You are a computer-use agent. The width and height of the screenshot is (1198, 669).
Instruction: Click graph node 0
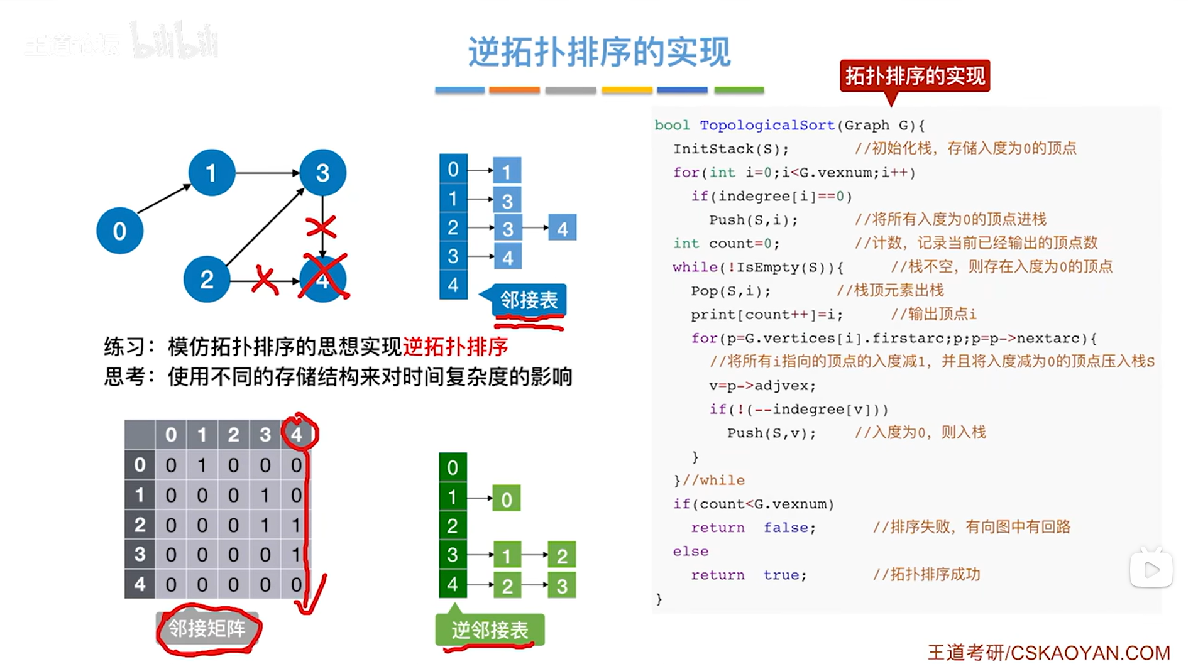pos(119,231)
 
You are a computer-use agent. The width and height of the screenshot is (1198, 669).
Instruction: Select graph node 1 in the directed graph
pos(211,173)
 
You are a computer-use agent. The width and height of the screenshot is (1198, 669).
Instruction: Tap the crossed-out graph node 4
pos(323,280)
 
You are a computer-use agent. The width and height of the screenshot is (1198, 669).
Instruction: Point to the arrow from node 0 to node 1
pos(163,199)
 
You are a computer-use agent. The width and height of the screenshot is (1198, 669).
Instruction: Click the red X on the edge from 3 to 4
pos(321,227)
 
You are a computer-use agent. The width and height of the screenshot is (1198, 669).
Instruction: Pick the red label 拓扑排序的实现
pos(915,76)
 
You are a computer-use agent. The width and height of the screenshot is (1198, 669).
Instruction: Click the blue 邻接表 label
pos(529,300)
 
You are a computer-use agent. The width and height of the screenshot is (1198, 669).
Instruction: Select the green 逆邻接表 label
pos(490,629)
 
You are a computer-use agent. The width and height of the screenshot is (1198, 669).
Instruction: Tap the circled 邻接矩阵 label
pos(207,629)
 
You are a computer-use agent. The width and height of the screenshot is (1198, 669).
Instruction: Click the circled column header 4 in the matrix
pos(297,434)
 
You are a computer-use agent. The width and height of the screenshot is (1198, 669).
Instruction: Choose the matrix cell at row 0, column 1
pos(202,465)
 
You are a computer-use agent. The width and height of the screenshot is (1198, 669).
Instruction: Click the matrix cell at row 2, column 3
pos(265,525)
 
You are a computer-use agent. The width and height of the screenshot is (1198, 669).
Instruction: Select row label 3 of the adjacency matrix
pos(140,554)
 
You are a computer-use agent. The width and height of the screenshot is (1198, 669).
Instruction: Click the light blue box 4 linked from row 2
pos(562,229)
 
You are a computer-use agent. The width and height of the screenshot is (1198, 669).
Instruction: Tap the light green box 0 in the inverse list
pos(507,499)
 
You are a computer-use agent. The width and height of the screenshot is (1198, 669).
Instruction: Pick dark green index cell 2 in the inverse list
pos(453,526)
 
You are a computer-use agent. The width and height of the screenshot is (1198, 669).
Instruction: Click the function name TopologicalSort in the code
pos(767,125)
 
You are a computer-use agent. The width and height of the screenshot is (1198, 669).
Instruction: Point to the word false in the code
pos(789,528)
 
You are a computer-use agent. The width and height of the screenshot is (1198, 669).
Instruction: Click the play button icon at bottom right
pos(1151,570)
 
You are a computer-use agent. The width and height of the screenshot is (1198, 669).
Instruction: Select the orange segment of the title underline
pos(514,90)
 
